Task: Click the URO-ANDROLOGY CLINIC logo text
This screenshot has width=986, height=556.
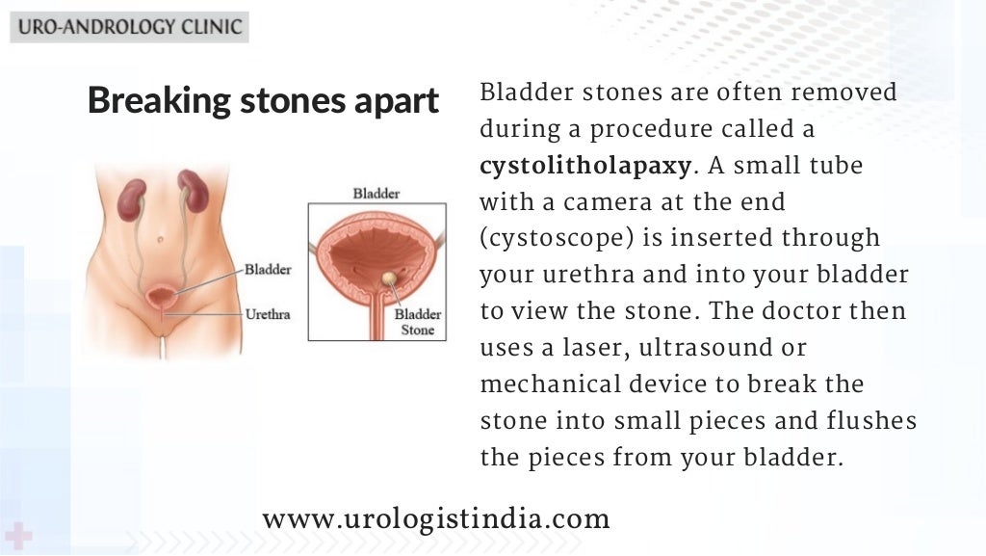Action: pyautogui.click(x=129, y=26)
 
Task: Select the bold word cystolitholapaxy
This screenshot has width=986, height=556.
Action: pyautogui.click(x=585, y=166)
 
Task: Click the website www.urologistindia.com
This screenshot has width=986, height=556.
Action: pyautogui.click(x=435, y=520)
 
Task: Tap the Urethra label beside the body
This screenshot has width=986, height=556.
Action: pyautogui.click(x=268, y=314)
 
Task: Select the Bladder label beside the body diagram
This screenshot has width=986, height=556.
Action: pyautogui.click(x=268, y=270)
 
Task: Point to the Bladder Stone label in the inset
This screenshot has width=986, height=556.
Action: pyautogui.click(x=419, y=322)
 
